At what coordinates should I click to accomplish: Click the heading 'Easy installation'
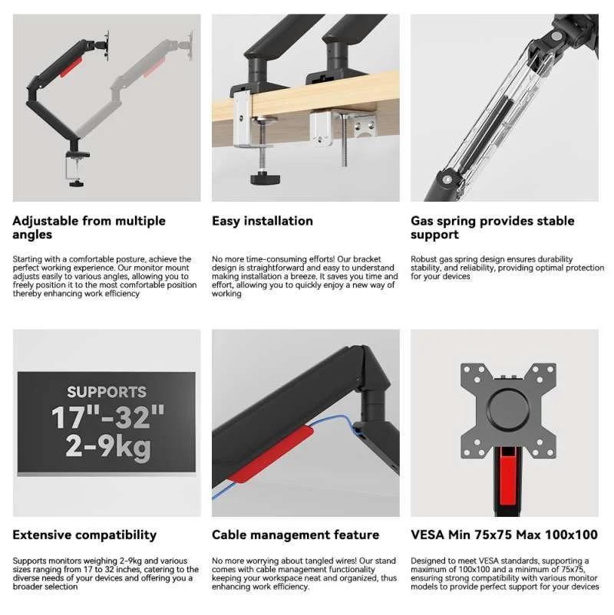(262, 221)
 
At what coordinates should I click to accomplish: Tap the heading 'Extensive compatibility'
(84, 535)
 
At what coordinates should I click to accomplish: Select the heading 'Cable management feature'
(295, 535)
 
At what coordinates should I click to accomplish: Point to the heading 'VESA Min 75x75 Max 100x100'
(504, 535)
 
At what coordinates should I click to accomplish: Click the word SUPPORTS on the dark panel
(107, 392)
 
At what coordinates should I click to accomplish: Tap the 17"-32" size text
(107, 417)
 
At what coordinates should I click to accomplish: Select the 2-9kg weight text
(108, 447)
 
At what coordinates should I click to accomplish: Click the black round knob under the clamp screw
(265, 179)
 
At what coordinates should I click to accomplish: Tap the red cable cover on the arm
(272, 454)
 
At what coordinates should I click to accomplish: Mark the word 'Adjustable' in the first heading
(45, 221)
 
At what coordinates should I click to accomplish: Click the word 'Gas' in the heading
(421, 221)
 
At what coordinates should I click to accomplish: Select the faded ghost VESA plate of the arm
(190, 45)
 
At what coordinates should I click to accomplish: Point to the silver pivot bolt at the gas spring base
(447, 179)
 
